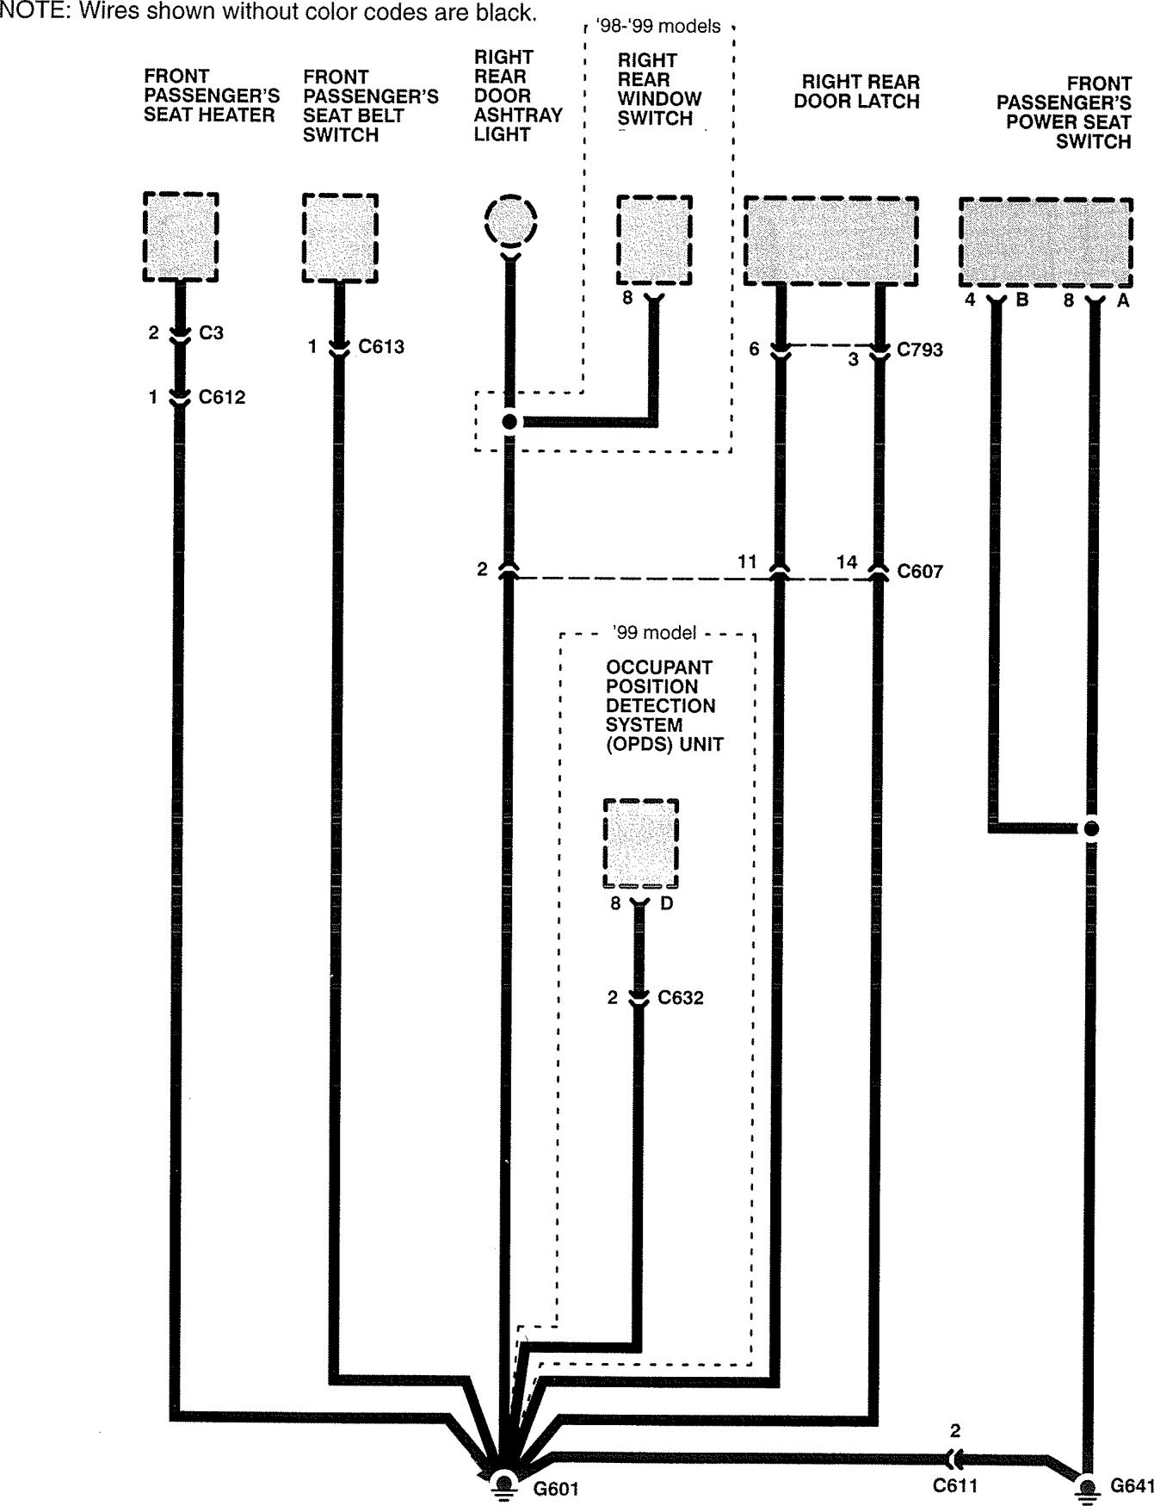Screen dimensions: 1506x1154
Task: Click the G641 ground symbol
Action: tap(1089, 1486)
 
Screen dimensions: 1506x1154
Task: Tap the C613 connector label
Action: tap(381, 347)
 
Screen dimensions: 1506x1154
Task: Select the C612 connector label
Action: tap(222, 398)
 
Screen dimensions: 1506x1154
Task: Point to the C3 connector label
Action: tap(211, 332)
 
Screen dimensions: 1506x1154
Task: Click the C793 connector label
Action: tap(920, 350)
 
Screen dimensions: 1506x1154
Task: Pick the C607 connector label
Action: tap(920, 571)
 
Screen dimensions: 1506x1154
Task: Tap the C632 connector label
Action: tap(681, 998)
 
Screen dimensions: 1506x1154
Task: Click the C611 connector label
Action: tap(954, 1486)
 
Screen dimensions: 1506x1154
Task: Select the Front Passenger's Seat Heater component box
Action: tap(180, 237)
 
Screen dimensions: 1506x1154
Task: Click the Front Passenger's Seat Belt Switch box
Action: tap(340, 238)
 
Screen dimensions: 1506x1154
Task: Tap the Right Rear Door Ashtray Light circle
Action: tap(510, 220)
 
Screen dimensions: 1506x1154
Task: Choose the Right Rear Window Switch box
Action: tap(654, 240)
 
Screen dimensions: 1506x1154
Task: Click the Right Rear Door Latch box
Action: tap(830, 241)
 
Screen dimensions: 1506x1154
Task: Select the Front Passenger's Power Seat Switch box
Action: tap(1046, 243)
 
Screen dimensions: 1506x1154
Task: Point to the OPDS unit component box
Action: tap(640, 844)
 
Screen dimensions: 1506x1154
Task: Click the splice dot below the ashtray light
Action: tap(509, 422)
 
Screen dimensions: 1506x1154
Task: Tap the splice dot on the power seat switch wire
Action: tap(1091, 829)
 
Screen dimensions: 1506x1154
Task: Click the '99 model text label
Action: tap(655, 633)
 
